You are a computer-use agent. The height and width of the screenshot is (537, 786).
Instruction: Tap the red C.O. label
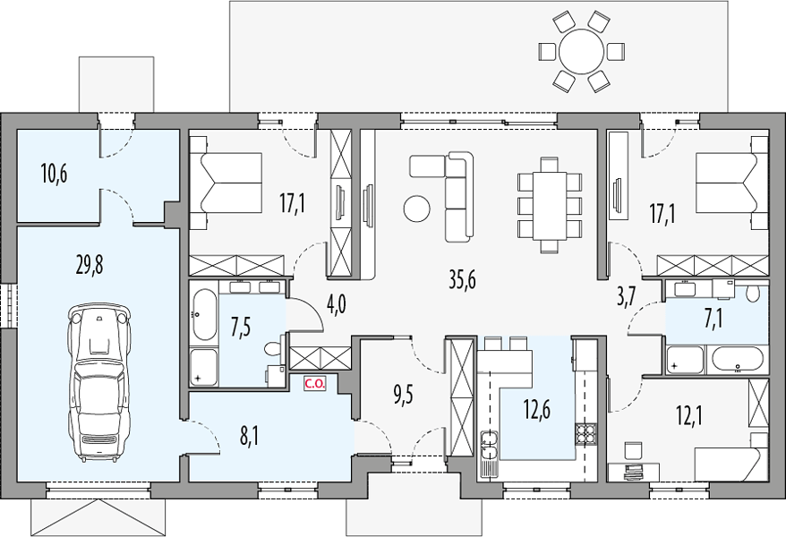[315, 384]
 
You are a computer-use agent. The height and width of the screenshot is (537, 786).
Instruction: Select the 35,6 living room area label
[462, 279]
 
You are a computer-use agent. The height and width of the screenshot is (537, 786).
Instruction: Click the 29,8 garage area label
[90, 265]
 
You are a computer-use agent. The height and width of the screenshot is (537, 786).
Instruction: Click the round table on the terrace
[582, 52]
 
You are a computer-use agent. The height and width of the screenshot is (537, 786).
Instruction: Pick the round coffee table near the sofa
[416, 208]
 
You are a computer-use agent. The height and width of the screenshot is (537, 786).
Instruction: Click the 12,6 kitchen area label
[537, 409]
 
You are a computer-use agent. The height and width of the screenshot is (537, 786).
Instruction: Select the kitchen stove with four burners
[584, 434]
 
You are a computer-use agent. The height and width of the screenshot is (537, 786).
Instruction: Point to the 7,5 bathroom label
[242, 328]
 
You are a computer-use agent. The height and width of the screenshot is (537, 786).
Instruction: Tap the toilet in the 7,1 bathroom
[752, 294]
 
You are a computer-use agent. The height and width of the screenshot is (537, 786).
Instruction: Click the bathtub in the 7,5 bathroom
[204, 314]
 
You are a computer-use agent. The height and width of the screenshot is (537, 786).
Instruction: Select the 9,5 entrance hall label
[404, 395]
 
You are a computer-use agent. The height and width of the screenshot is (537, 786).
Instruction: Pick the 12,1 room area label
[688, 415]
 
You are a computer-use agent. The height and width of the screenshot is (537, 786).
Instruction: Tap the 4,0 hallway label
[336, 304]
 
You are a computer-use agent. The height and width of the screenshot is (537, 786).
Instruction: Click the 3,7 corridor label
[626, 297]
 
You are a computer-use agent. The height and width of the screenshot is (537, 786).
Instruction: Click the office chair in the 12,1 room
[634, 450]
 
